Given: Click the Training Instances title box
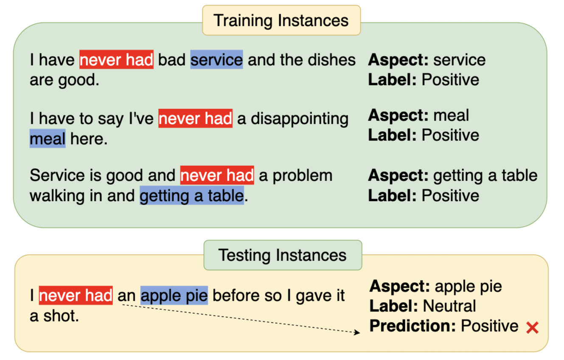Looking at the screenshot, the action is tap(281, 20).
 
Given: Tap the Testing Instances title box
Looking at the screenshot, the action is tap(283, 255).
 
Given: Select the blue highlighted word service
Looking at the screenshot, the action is tap(216, 59).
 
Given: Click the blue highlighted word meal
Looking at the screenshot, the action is tap(48, 138).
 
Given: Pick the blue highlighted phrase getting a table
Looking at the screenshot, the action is tap(192, 195).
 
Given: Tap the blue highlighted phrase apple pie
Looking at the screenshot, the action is tap(174, 295).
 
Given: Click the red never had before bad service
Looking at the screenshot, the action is tap(116, 59).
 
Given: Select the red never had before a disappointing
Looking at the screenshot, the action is tap(195, 118).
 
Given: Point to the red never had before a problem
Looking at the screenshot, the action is tap(217, 175).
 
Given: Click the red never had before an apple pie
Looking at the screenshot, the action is tap(76, 295).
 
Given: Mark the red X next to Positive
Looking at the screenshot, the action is tap(532, 328).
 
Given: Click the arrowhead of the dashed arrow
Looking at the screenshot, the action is tap(357, 332).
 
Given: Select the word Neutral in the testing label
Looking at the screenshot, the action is tap(449, 306).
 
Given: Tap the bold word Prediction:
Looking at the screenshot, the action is tap(412, 326).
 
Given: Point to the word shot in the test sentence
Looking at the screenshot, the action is tap(61, 316).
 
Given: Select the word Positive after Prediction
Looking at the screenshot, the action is tap(490, 326).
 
